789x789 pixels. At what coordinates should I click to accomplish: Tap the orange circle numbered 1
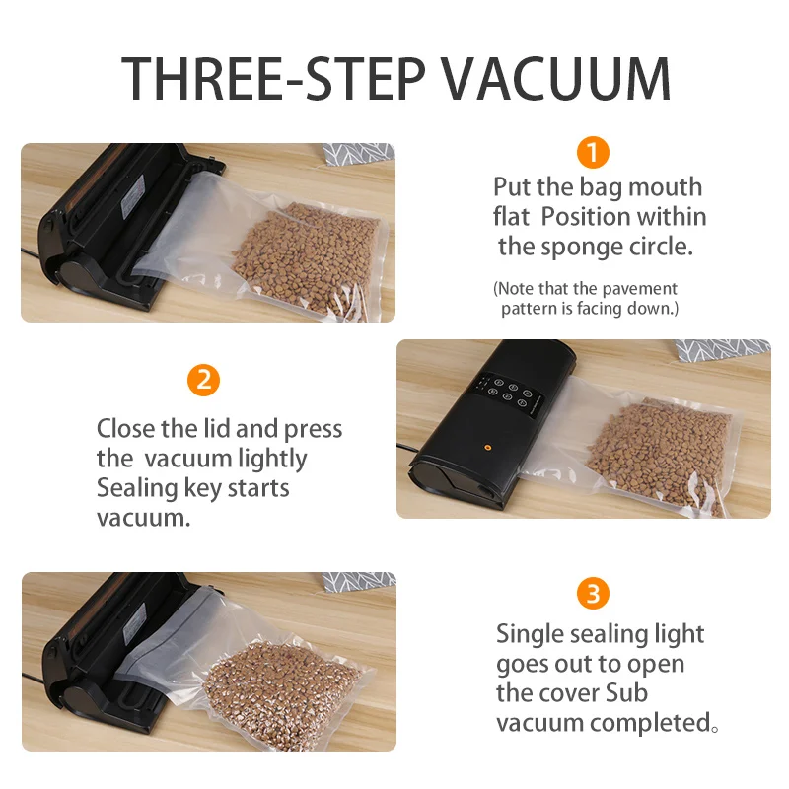592,152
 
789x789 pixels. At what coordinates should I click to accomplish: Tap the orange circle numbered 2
202,380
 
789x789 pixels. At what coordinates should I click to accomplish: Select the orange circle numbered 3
592,594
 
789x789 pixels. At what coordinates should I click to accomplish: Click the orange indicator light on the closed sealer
484,445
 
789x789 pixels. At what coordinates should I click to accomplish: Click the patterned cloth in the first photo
359,153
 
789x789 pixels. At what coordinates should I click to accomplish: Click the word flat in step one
513,216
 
